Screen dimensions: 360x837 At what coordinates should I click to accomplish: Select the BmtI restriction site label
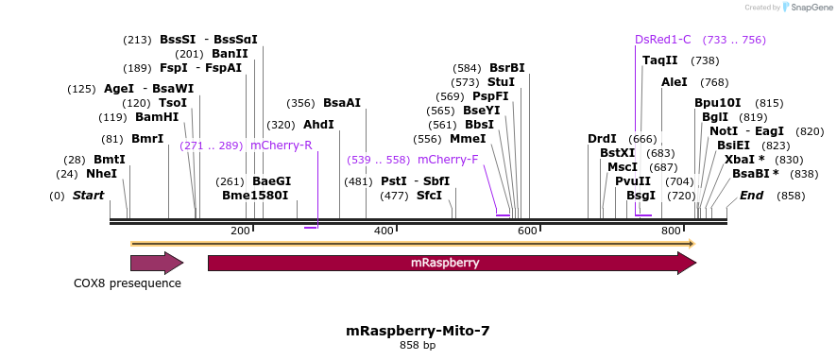109,160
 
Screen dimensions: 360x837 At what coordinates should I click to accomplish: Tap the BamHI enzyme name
157,117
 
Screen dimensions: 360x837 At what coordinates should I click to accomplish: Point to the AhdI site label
318,125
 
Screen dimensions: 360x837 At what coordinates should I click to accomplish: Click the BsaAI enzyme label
342,103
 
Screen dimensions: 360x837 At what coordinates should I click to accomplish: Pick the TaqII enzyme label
660,60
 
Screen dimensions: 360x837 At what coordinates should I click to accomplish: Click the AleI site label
675,82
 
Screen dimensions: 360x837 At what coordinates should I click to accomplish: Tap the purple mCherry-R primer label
281,146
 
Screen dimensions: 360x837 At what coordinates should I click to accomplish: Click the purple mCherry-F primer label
448,160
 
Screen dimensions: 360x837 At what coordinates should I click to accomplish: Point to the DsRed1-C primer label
662,40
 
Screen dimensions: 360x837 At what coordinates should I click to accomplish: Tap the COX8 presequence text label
128,283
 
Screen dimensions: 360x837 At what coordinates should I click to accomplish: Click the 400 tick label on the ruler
384,231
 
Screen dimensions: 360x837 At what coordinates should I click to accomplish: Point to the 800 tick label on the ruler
671,231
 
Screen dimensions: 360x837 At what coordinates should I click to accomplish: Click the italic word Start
88,196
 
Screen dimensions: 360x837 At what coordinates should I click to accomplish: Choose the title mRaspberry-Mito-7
418,331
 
